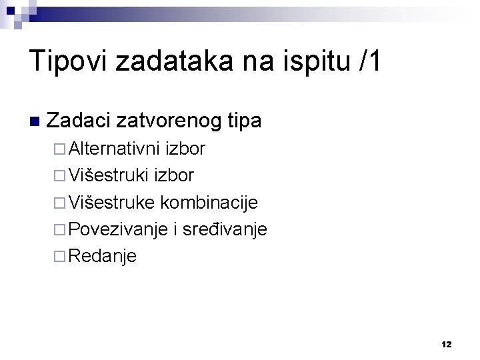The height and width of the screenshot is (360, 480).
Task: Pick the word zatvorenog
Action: [159, 121]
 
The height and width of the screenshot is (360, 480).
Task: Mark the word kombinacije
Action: [208, 202]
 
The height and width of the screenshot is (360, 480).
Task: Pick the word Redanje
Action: [102, 256]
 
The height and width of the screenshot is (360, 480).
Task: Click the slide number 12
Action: [446, 345]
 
